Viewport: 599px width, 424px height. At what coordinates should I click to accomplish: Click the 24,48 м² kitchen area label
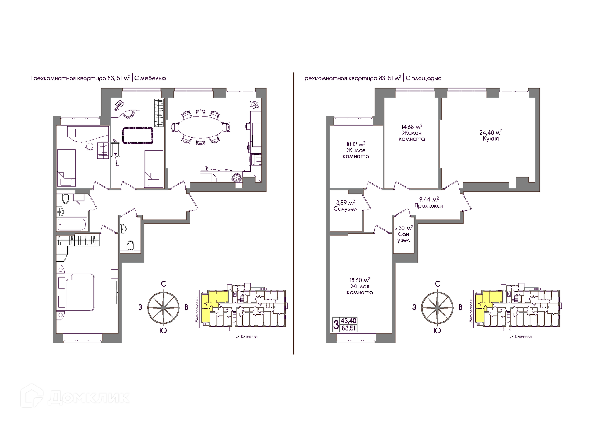[x=490, y=132]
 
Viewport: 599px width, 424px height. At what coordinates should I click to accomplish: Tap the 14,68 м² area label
[x=412, y=127]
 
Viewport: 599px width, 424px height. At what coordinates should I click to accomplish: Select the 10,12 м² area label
[x=356, y=144]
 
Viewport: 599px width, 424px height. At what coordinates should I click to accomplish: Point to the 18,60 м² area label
[x=360, y=280]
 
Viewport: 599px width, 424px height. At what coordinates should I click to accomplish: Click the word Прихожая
[x=429, y=206]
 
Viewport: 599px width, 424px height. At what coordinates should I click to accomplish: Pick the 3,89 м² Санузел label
[x=345, y=206]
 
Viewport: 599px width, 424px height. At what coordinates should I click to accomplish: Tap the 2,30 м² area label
[x=404, y=228]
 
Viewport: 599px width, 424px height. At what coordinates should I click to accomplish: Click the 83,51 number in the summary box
[x=348, y=328]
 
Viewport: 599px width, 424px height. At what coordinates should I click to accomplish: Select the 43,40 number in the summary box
[x=348, y=321]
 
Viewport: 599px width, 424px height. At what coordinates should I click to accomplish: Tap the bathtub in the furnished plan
[x=72, y=224]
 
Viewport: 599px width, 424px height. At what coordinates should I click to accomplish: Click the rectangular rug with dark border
[x=138, y=135]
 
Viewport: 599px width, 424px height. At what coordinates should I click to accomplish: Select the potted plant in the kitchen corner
[x=255, y=104]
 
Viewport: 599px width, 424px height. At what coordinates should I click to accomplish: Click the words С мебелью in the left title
[x=150, y=78]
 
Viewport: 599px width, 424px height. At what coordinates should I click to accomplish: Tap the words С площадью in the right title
[x=424, y=78]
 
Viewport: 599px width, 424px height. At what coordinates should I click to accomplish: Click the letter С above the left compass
[x=163, y=284]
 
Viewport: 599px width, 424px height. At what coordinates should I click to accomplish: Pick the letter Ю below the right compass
[x=437, y=331]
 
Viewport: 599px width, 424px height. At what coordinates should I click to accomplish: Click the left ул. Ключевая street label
[x=246, y=337]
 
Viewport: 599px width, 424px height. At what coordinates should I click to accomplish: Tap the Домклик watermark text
[x=89, y=397]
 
